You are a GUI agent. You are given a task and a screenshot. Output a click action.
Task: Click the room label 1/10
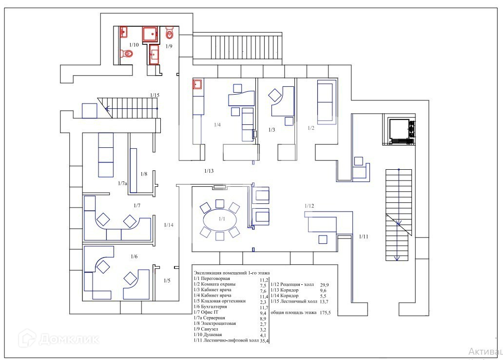click(x=134, y=45)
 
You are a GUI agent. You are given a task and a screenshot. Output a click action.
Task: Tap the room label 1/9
click(x=169, y=46)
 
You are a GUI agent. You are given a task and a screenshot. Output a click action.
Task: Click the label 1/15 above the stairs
click(x=155, y=95)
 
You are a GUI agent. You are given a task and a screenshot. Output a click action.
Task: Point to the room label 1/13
click(x=209, y=171)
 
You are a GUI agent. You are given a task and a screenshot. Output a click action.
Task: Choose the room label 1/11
click(x=364, y=237)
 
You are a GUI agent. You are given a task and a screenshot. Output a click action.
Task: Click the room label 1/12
click(x=310, y=206)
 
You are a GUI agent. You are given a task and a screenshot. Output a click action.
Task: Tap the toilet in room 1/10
click(x=128, y=53)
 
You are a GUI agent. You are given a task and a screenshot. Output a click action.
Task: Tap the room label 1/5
click(x=167, y=281)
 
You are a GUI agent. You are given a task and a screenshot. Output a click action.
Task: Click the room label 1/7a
click(x=122, y=183)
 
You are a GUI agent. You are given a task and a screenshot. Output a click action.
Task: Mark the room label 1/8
click(x=144, y=174)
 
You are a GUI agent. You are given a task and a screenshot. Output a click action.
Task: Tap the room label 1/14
click(x=169, y=225)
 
